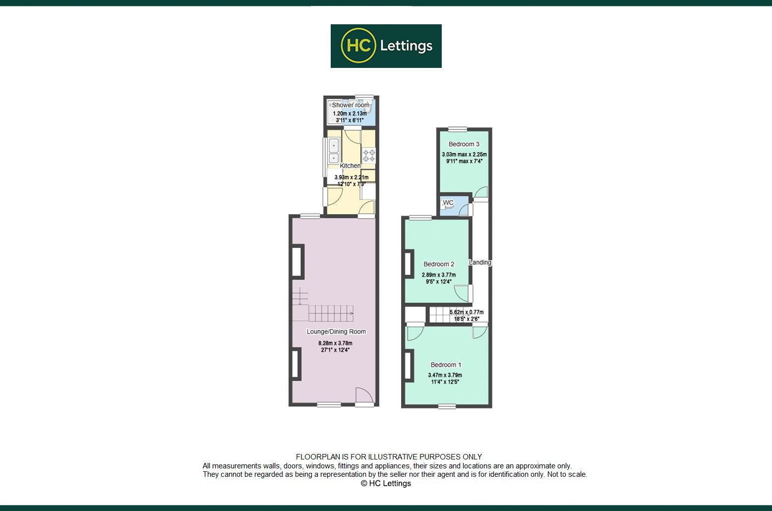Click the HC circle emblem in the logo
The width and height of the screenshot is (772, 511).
coord(358,46)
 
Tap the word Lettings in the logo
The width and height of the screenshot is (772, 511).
coord(406,46)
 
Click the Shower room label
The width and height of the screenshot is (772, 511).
coord(351,105)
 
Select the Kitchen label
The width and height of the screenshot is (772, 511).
coord(350,166)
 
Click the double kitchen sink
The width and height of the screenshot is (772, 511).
coord(333,151)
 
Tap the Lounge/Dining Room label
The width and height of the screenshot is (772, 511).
coord(336,332)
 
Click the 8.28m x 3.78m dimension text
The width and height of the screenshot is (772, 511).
coord(335,343)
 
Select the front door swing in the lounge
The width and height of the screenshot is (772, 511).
coord(364,395)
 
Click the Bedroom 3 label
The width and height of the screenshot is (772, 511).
coord(464,144)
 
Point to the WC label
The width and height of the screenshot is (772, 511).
coord(448,203)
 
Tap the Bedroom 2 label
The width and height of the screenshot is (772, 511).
coord(439,264)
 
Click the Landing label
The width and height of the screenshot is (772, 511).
coord(480,262)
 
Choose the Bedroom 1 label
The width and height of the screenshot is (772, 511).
coord(446,365)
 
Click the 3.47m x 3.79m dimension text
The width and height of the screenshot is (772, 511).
coord(445,375)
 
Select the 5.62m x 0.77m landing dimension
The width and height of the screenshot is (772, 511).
coord(466,312)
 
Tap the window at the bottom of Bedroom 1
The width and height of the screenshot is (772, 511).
coord(447,406)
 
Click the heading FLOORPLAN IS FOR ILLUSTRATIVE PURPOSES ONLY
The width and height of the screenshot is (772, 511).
coord(389,457)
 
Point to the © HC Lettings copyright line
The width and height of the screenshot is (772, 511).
coord(386,483)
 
